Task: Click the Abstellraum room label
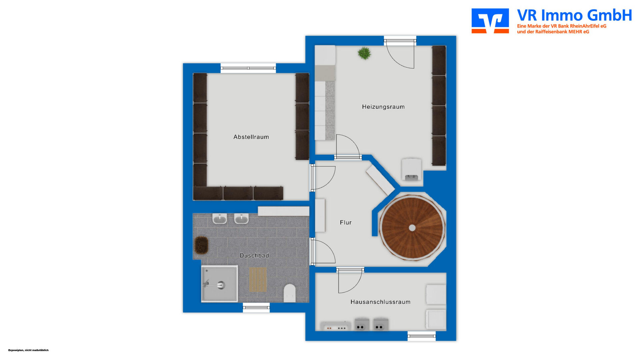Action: tap(251, 137)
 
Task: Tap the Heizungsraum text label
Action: tap(383, 107)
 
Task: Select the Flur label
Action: tap(346, 222)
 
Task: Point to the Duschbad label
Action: tap(254, 256)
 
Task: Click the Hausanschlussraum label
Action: tap(380, 302)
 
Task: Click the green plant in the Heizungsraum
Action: tap(364, 53)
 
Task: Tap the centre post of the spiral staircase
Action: tap(412, 228)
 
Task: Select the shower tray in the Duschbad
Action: tap(219, 284)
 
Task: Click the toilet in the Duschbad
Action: tap(290, 293)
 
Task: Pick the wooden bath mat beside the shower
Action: tap(258, 279)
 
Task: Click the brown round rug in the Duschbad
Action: tap(201, 245)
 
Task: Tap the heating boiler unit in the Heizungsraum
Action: tap(412, 170)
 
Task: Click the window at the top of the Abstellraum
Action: tap(248, 68)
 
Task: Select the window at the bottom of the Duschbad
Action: tap(256, 307)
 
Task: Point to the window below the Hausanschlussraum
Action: tap(422, 336)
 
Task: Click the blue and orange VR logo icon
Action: tap(490, 21)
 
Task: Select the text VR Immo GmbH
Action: tap(574, 15)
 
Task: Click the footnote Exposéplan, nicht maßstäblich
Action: tap(28, 350)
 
